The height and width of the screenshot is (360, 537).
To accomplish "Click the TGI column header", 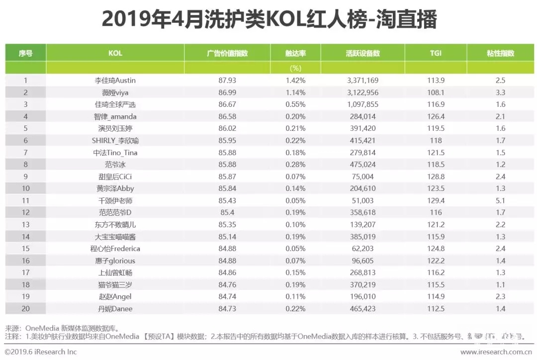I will pos(436,53).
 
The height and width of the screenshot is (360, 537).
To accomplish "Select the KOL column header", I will pos(115,53).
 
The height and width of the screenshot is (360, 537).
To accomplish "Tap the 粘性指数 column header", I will pos(500,53).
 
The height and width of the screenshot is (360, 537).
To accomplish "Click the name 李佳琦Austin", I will pos(115,80).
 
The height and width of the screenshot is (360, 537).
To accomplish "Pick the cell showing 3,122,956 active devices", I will pos(362,92).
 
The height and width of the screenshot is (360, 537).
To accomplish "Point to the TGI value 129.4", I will pos(436,200).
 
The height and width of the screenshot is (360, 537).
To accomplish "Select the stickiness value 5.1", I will pos(500,200).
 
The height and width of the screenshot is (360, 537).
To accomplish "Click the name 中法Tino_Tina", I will pos(115,153).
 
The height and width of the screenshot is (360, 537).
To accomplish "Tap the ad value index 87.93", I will pos(227,80).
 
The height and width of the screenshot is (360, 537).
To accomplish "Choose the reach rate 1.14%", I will pos(295,92).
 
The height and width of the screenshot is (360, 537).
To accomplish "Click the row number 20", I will pos(25,309).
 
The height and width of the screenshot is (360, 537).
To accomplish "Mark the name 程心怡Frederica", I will pos(115,249).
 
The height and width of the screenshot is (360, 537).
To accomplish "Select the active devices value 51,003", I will pos(362,200).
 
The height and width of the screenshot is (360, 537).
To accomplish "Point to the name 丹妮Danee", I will pos(115,309).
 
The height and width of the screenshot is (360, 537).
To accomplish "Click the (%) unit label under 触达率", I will pos(295,68).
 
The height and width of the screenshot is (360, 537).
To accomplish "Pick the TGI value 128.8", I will pos(436,177).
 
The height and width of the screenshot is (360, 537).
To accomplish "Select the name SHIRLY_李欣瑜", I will pos(115,140).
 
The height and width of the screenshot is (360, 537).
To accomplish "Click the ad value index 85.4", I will pos(227,212).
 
